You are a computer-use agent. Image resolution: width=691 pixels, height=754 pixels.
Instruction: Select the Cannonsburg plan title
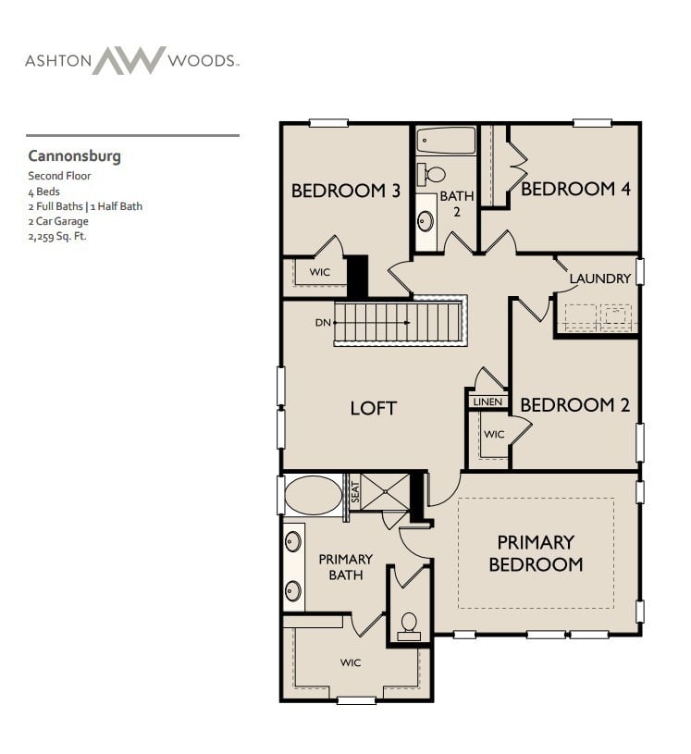(x=74, y=155)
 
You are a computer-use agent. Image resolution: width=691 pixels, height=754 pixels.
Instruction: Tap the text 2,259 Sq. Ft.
(x=57, y=236)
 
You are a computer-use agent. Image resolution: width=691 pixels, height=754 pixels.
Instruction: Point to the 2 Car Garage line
(x=58, y=221)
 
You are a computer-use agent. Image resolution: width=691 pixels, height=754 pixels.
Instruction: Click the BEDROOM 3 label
(x=345, y=192)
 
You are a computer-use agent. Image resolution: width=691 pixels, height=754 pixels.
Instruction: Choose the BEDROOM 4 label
(x=575, y=189)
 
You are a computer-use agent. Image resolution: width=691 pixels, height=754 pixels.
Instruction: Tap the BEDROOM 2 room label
(x=574, y=405)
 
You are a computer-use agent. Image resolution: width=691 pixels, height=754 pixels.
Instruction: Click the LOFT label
(x=373, y=408)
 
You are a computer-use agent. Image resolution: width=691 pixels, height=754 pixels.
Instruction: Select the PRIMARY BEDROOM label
(x=536, y=553)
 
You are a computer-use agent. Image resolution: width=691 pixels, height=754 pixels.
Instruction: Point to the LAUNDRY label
(x=599, y=278)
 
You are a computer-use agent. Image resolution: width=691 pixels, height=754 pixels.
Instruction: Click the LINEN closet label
(x=487, y=402)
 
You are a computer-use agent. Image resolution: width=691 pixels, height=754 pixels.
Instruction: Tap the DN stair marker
(x=322, y=323)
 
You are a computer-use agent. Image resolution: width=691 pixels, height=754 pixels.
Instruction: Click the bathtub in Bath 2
(x=446, y=141)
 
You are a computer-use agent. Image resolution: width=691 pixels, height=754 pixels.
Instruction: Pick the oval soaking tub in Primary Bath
(x=314, y=496)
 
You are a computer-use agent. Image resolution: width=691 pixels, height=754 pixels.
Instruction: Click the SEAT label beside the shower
(x=353, y=492)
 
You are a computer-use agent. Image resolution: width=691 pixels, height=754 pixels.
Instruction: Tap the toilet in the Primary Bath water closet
(x=408, y=624)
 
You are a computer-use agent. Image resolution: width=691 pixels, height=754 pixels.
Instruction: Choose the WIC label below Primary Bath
(x=350, y=662)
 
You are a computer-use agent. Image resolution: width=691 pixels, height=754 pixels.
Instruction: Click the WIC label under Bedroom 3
(x=320, y=273)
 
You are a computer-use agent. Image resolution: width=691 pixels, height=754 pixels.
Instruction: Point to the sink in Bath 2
(x=426, y=220)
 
